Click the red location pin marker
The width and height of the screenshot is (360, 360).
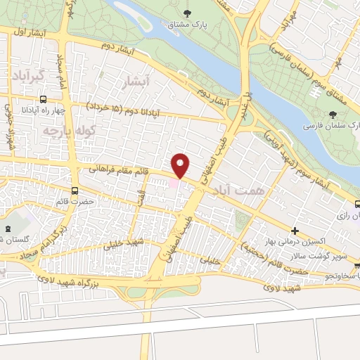[181, 165]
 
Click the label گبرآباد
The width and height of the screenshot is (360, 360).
[29, 75]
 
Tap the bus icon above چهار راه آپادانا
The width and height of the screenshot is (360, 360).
[44, 99]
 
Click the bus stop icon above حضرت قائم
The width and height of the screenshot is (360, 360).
[75, 191]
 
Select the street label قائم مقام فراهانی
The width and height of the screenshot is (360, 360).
[121, 169]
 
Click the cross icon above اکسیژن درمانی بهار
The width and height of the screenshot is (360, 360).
[295, 231]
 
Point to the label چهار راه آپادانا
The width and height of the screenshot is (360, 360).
[44, 110]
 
